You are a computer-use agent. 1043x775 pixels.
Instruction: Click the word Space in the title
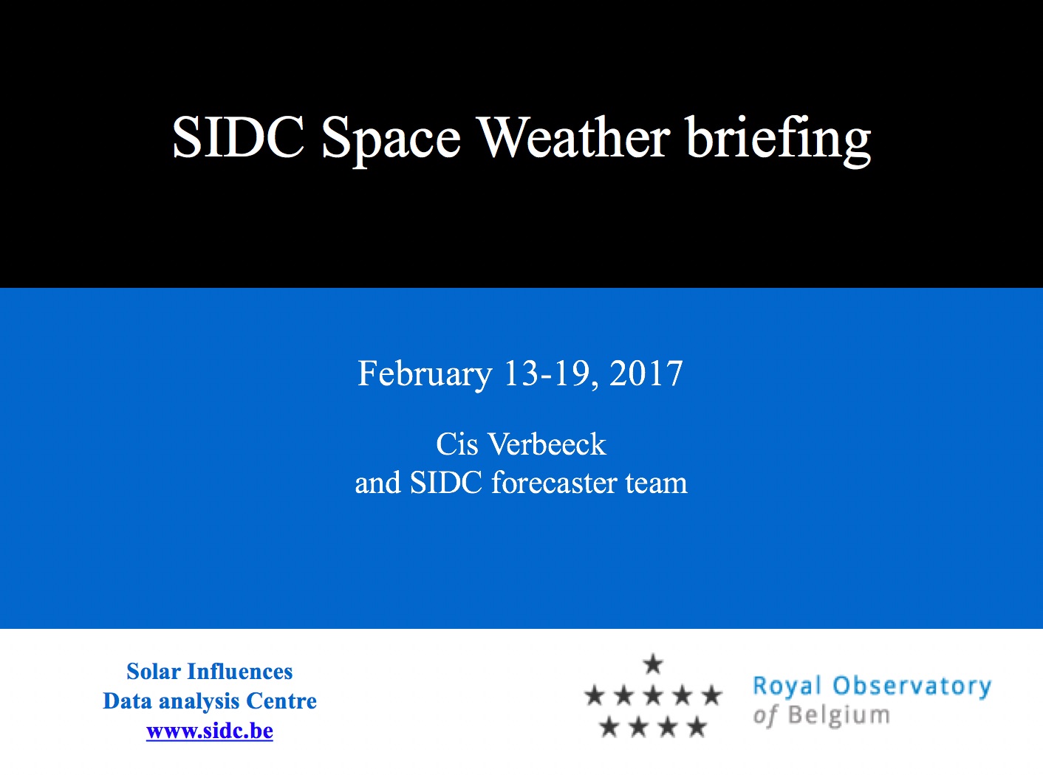391,139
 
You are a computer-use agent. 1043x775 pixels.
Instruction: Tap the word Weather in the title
573,137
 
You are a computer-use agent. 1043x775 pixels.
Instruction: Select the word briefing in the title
779,139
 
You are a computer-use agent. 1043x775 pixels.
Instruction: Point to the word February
425,374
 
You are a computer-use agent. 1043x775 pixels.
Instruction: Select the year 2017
646,373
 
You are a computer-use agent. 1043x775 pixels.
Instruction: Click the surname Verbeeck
547,444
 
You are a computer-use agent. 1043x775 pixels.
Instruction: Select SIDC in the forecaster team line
446,483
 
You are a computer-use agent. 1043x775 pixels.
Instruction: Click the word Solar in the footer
154,671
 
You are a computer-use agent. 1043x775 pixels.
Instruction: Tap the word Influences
240,671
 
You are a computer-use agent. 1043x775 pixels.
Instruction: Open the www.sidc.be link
210,731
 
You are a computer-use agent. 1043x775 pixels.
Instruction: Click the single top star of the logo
653,664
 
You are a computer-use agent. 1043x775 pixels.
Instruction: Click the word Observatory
912,686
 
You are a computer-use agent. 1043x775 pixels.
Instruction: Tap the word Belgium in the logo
839,716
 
